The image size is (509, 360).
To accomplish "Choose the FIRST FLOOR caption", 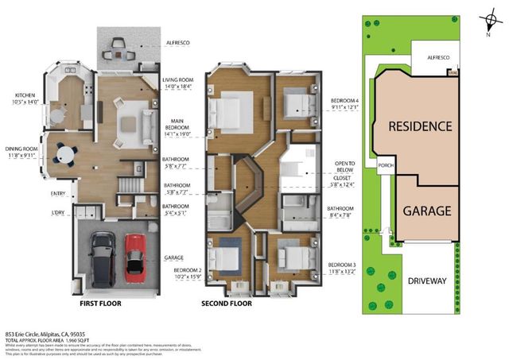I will [x=103, y=304].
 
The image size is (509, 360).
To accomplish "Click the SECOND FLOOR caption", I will [x=227, y=304].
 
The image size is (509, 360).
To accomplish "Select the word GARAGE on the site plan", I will [x=426, y=211].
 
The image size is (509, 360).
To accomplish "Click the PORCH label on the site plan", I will [x=387, y=166].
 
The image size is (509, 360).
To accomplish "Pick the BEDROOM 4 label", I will [x=345, y=101].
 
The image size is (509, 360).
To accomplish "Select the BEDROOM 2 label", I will [x=188, y=270].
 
